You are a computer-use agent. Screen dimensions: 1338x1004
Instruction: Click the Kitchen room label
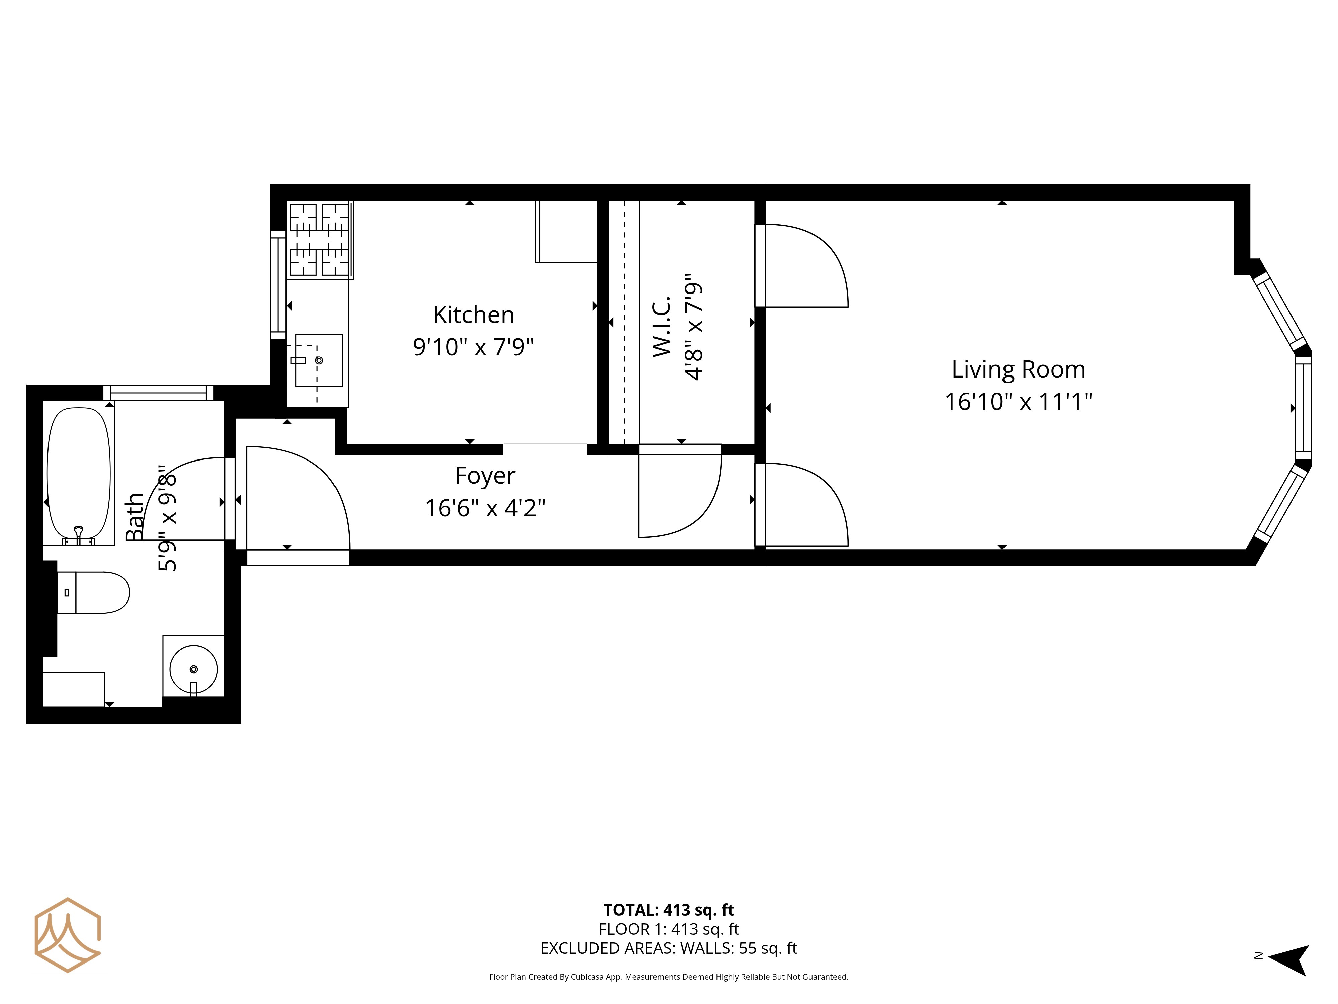coord(474,315)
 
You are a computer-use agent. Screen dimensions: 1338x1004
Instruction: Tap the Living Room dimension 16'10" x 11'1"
coord(1019,401)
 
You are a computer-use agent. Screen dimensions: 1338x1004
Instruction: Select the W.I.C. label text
coord(662,326)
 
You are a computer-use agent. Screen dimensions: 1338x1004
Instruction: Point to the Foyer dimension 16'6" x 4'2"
coord(485,508)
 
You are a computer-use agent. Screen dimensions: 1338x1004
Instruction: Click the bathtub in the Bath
coord(79,474)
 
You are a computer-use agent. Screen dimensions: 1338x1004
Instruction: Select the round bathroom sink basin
coord(194,669)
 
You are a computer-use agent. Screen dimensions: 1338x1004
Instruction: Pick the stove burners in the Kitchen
coord(319,240)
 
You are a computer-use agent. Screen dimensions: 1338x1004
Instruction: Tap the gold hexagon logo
coord(67,935)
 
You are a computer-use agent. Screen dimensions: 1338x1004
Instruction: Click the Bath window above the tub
coord(159,393)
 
